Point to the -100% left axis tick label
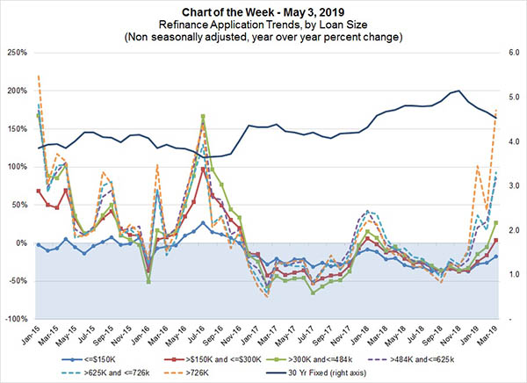(x=15, y=319)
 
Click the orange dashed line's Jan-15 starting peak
(x=39, y=76)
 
